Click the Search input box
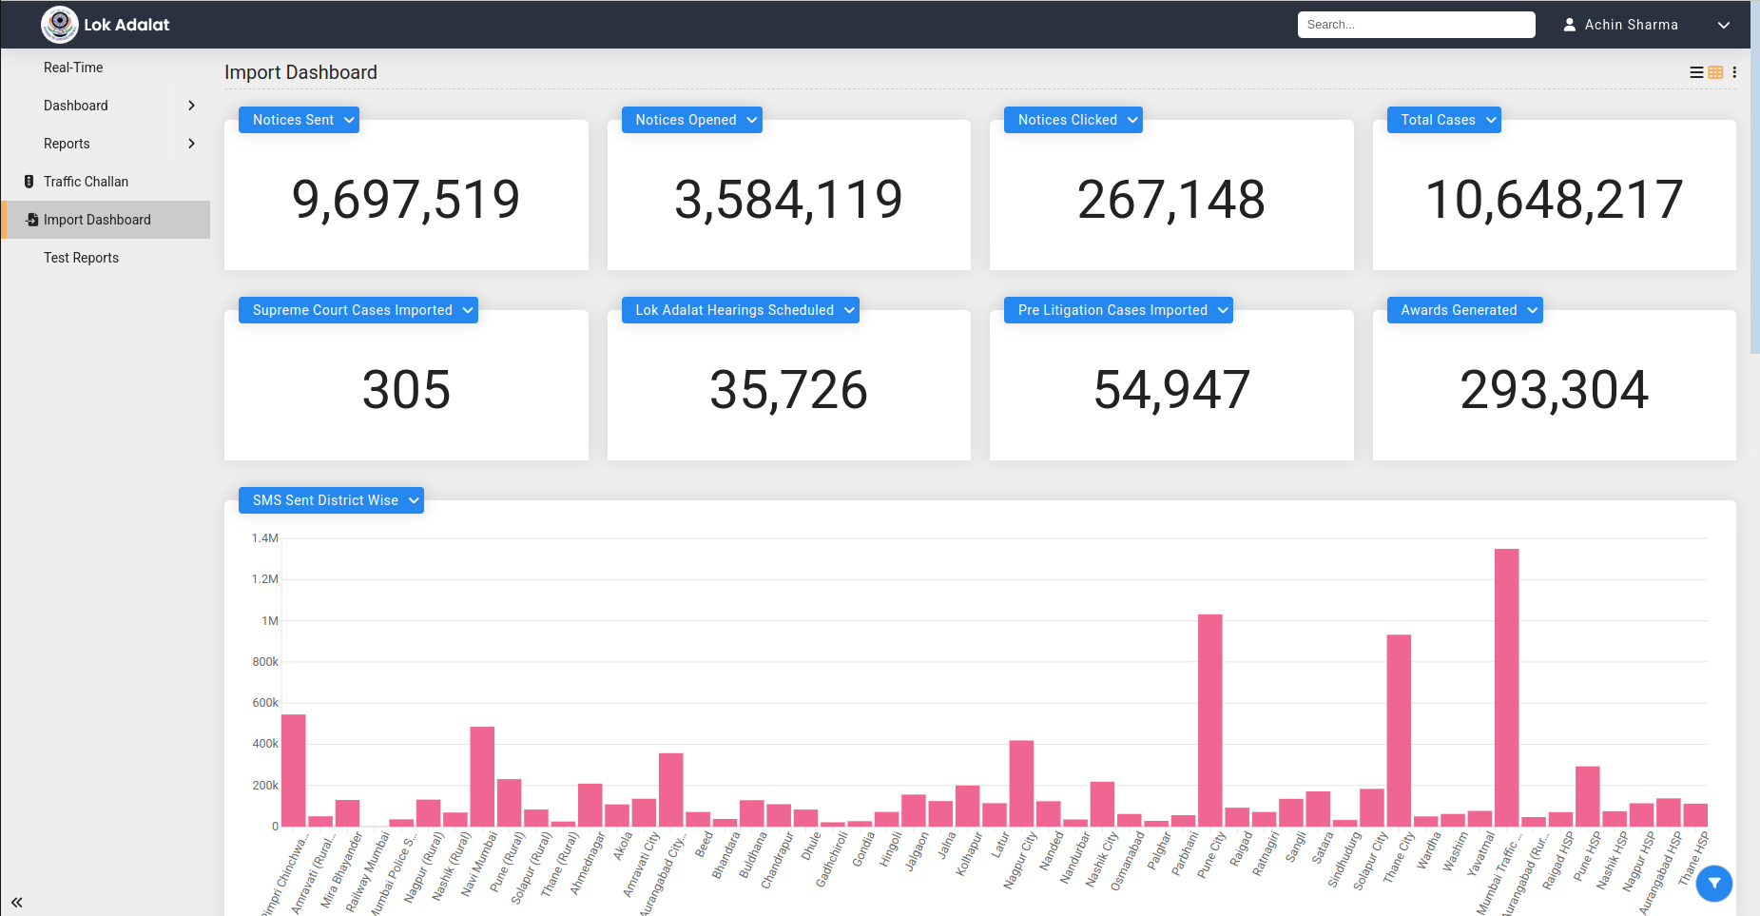click(1415, 25)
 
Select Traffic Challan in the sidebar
click(86, 182)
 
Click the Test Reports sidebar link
click(81, 258)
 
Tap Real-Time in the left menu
click(73, 68)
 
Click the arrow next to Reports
click(191, 144)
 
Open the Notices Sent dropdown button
click(299, 120)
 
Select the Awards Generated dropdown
click(1464, 310)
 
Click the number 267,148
click(1170, 200)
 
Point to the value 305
click(406, 390)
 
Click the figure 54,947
click(1171, 390)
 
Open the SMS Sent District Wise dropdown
click(331, 500)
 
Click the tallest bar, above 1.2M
click(1506, 685)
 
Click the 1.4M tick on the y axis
click(265, 538)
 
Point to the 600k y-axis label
click(265, 703)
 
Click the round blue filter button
click(1714, 884)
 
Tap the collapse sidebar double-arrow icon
click(17, 902)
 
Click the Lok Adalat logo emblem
click(60, 25)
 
